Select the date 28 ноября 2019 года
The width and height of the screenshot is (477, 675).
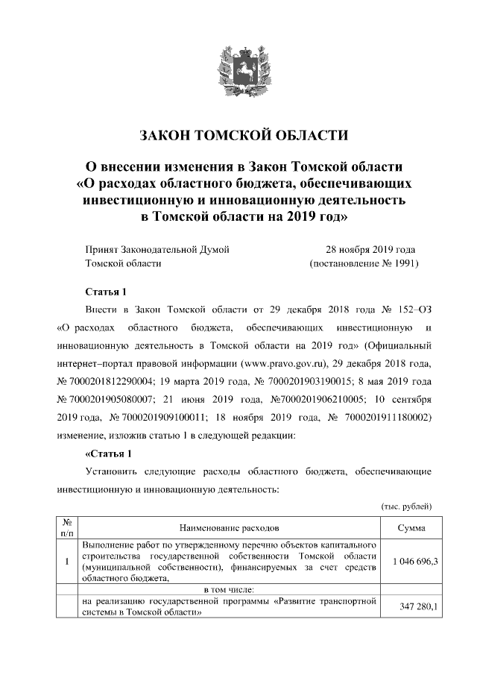click(x=370, y=249)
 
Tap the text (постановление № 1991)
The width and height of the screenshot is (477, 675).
click(x=364, y=263)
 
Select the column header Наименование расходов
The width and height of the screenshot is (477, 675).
click(x=228, y=527)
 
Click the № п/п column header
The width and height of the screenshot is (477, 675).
click(x=66, y=527)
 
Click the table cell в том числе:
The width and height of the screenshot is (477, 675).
click(x=228, y=590)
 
